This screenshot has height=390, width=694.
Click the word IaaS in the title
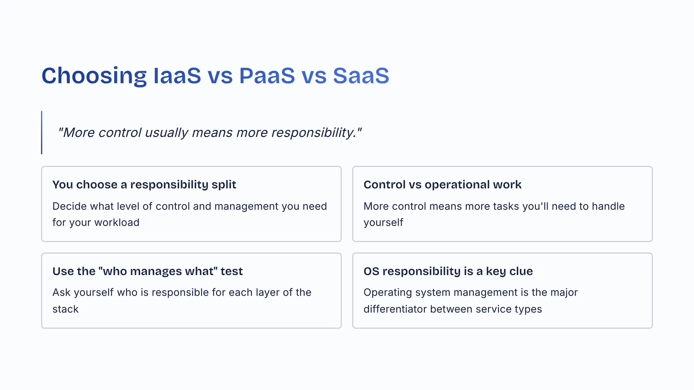coord(177,76)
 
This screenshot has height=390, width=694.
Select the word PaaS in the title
coord(267,76)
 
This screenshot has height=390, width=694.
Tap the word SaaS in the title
coord(361,76)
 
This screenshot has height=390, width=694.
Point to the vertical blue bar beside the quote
coord(42,133)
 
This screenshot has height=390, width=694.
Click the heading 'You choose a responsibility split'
coord(144,185)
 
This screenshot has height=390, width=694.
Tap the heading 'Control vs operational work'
coord(442,185)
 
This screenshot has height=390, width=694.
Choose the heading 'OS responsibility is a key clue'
coord(448,271)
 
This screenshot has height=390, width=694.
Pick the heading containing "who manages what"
coord(147,271)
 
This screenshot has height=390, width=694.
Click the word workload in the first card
coord(116,222)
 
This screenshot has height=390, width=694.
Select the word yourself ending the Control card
coord(383,223)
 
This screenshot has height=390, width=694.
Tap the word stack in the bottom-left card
coord(65,309)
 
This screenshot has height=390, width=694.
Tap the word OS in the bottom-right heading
coord(371,271)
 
